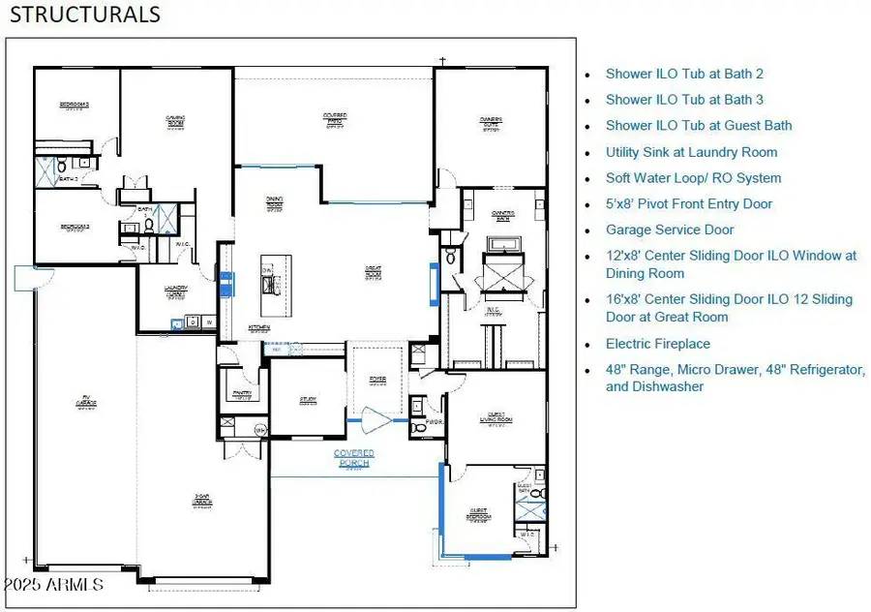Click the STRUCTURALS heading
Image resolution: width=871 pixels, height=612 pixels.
85,15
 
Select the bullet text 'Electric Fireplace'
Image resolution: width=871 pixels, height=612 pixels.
657,344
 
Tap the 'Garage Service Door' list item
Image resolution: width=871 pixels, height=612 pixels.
670,230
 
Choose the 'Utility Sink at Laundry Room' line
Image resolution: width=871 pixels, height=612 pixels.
691,152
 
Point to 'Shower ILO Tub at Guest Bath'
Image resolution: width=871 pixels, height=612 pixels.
699,126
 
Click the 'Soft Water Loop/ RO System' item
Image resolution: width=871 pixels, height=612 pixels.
693,178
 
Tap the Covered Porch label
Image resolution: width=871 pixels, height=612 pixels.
354,457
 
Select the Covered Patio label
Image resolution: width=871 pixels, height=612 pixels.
335,118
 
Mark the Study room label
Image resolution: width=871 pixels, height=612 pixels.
307,399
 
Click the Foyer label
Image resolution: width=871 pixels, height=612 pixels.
376,381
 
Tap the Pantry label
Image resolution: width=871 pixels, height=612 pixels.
243,394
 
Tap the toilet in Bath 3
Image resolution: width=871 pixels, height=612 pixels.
85,163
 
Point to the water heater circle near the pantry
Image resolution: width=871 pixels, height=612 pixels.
259,429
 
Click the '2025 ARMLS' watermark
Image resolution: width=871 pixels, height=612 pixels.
54,586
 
